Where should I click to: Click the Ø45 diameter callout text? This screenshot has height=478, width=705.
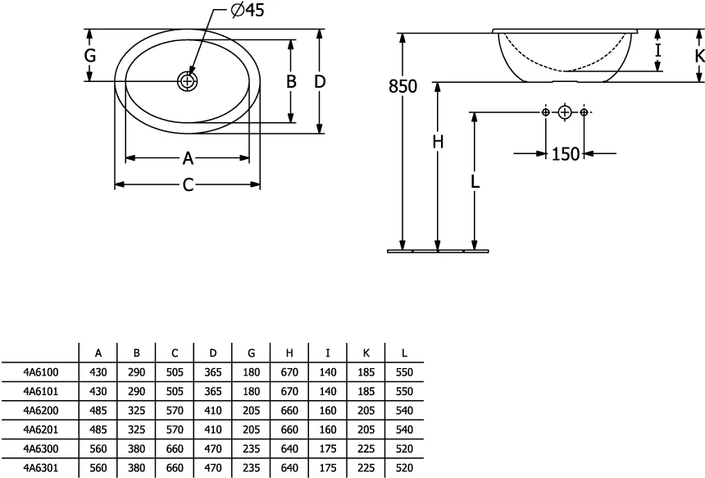(x=248, y=10)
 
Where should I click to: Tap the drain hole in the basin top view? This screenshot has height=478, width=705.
(x=187, y=81)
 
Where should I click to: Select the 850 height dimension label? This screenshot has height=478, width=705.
(x=403, y=86)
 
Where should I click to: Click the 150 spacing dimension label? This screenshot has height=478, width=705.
(x=565, y=154)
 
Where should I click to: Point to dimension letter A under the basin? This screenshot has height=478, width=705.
(x=188, y=158)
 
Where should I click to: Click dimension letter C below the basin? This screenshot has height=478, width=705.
(x=188, y=184)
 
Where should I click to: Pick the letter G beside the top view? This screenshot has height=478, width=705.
(x=90, y=55)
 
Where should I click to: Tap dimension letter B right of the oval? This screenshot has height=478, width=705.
(x=291, y=81)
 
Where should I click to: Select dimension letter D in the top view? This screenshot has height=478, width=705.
(x=320, y=81)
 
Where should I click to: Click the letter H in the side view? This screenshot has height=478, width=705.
(x=438, y=142)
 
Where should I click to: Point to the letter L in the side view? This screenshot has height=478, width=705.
(x=475, y=181)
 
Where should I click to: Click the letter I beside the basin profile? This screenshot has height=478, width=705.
(x=657, y=50)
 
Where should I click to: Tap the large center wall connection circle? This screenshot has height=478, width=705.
(x=565, y=112)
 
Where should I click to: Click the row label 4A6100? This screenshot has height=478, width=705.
(x=41, y=372)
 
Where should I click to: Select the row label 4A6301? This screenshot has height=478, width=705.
(x=41, y=468)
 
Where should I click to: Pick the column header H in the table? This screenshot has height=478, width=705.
(x=289, y=353)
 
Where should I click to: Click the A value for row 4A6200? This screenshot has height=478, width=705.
(x=98, y=411)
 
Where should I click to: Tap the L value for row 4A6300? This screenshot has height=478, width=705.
(x=404, y=448)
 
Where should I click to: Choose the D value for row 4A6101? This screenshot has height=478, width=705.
(x=213, y=391)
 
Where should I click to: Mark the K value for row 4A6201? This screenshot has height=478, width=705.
(x=366, y=430)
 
